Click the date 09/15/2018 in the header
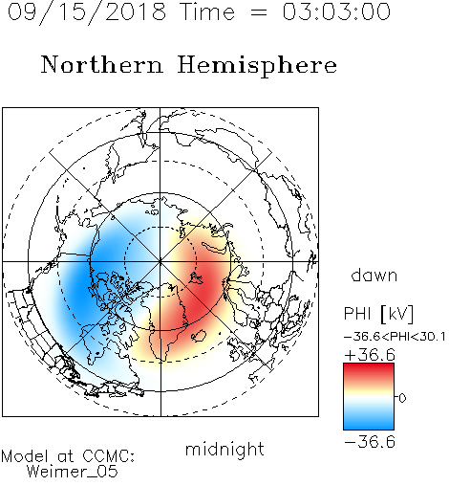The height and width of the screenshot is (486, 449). pyautogui.click(x=87, y=12)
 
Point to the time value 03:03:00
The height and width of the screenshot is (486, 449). pyautogui.click(x=336, y=11)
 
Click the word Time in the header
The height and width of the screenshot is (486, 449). pyautogui.click(x=207, y=11)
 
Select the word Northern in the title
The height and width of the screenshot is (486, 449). pyautogui.click(x=102, y=65)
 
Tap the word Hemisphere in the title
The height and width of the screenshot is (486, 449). pyautogui.click(x=257, y=66)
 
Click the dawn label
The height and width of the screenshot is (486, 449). pyautogui.click(x=374, y=275)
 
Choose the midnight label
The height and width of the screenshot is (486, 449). pyautogui.click(x=224, y=450)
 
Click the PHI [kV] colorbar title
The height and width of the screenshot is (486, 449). pyautogui.click(x=378, y=314)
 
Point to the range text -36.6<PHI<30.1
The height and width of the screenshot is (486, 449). pyautogui.click(x=395, y=337)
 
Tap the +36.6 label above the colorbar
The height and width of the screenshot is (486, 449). pyautogui.click(x=370, y=355)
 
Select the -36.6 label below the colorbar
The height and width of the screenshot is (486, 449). pyautogui.click(x=370, y=442)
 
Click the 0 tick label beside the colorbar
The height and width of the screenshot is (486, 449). pyautogui.click(x=402, y=398)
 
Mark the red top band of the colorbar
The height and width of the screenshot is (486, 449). pyautogui.click(x=369, y=370)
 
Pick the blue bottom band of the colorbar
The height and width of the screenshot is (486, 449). pyautogui.click(x=369, y=423)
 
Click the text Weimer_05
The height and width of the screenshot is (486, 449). pyautogui.click(x=73, y=471)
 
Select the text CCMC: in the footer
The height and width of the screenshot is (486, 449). pyautogui.click(x=109, y=456)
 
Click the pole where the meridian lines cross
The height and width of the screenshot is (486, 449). pyautogui.click(x=160, y=261)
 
